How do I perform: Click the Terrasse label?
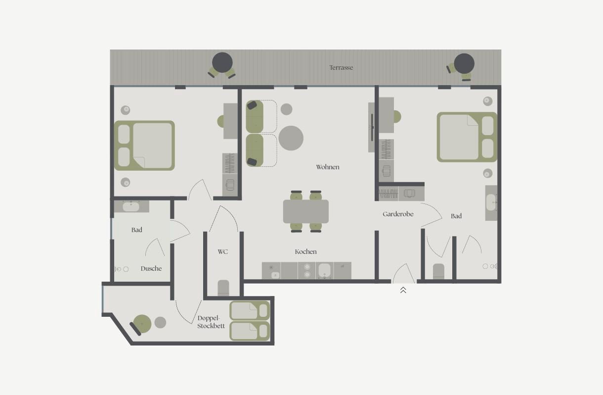pos(341,67)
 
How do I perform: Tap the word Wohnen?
pos(328,167)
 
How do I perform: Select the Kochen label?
pos(305,251)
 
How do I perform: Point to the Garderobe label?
pos(398,214)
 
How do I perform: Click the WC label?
pos(222,251)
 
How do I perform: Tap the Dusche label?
pos(151,269)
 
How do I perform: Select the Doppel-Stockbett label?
pos(211,322)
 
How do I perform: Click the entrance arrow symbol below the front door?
pos(403,290)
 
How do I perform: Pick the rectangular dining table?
pos(306,211)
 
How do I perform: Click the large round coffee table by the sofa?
pos(291,138)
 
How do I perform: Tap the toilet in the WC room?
pos(223,288)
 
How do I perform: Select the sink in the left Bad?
pos(131,207)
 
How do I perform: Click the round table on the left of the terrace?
pos(222,62)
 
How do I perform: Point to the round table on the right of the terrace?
pos(464,64)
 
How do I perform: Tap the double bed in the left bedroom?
pos(144,146)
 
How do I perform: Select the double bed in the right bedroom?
pos(467,137)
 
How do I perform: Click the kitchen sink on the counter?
pos(324,270)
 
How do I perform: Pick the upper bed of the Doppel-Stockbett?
pos(250,311)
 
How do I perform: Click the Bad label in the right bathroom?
pos(456,216)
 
